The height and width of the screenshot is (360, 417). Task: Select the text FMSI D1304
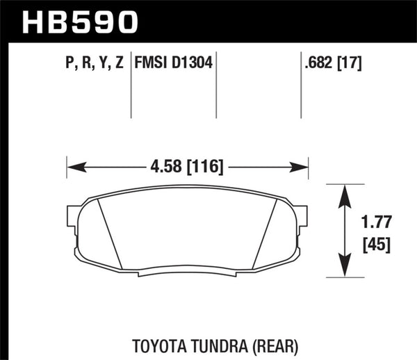tap(174, 65)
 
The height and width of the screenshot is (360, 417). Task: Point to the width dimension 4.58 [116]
tap(187, 167)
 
